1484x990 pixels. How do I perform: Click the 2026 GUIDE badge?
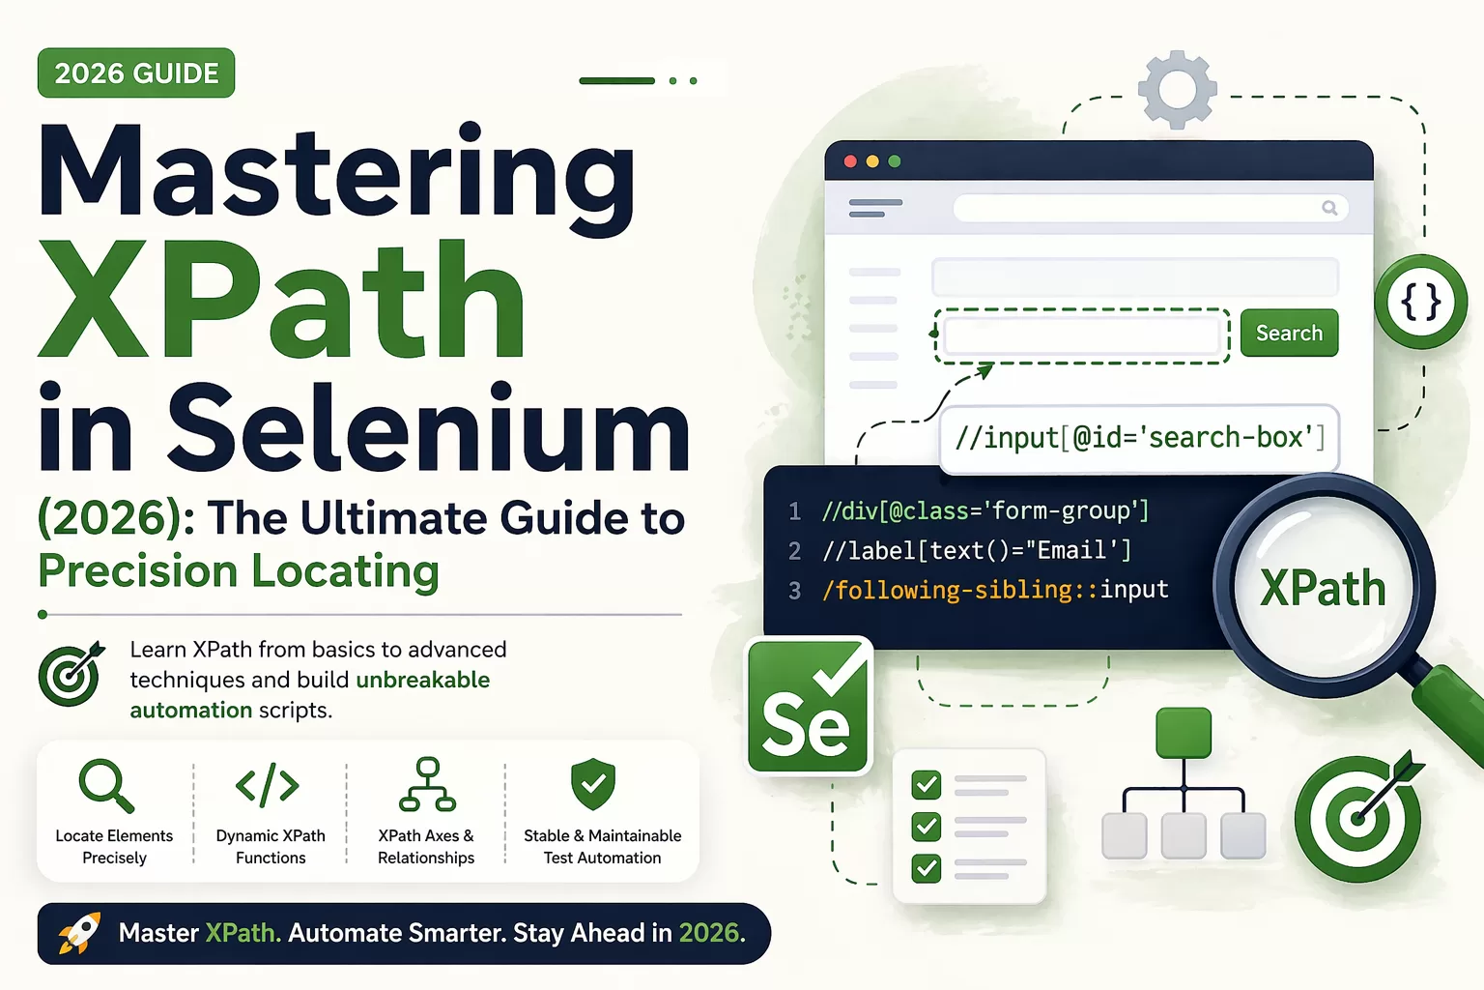(x=136, y=73)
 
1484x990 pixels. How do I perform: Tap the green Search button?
(x=1289, y=333)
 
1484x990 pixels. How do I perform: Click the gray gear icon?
(x=1178, y=90)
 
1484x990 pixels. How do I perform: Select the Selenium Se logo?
(x=809, y=706)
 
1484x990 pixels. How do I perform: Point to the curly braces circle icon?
(x=1421, y=302)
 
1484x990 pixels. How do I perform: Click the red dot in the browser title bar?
(x=850, y=161)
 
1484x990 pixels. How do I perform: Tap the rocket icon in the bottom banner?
(x=79, y=932)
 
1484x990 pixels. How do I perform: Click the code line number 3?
(x=795, y=590)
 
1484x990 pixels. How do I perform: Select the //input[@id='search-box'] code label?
(x=1139, y=439)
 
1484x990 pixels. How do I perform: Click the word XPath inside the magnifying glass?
(x=1323, y=588)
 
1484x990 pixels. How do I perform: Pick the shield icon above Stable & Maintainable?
(x=593, y=784)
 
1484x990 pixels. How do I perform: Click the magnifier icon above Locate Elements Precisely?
(x=106, y=786)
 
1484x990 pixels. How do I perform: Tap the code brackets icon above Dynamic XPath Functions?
(x=268, y=785)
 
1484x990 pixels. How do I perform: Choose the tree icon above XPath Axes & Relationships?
(x=427, y=784)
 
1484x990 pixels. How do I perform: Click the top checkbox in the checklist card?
(x=927, y=785)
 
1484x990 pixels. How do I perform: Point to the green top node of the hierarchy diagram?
(x=1184, y=733)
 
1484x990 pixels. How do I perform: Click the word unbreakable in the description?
(x=422, y=680)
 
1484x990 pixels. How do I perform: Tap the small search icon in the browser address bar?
(x=1329, y=208)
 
